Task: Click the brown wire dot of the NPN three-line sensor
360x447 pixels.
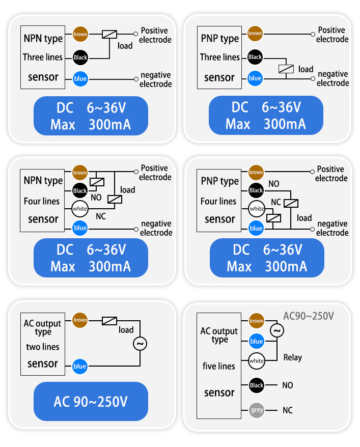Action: [80, 34]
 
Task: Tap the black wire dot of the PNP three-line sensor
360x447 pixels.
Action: [255, 57]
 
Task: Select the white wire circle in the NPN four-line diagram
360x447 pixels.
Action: [80, 209]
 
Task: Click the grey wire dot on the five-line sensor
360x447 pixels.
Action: [257, 410]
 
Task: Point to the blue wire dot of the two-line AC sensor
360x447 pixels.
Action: [80, 366]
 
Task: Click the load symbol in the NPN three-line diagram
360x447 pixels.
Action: [109, 34]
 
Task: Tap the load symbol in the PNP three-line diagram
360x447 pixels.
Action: [286, 69]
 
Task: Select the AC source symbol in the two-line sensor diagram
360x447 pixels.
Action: [140, 344]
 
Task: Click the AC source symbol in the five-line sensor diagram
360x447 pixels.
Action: [277, 331]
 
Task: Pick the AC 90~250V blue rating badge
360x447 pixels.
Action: [91, 401]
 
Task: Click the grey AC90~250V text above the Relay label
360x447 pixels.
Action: [309, 316]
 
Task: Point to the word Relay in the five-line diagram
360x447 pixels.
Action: [292, 357]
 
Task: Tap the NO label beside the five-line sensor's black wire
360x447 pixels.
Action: [288, 385]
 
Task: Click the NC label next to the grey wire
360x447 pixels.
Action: [288, 410]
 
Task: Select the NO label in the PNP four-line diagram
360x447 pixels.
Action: [273, 184]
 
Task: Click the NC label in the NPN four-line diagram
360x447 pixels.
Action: [101, 216]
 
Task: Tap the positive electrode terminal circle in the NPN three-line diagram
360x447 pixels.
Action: [135, 34]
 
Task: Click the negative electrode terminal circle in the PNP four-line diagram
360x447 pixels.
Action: [313, 229]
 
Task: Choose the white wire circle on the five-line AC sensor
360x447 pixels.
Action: [257, 361]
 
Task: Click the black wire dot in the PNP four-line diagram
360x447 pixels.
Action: [256, 190]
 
